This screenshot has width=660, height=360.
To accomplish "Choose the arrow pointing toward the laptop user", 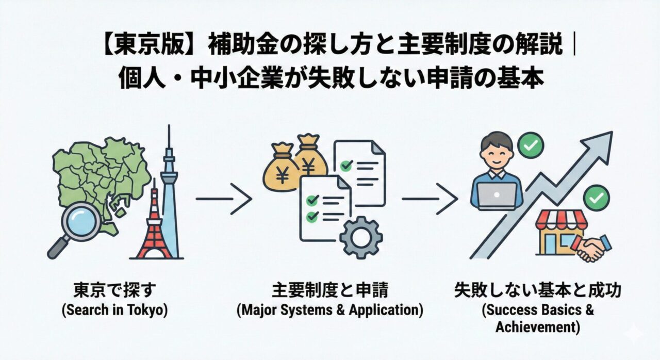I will pyautogui.click(x=429, y=198).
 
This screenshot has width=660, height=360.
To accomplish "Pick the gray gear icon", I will pyautogui.click(x=361, y=237).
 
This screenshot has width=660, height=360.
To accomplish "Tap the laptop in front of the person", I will pyautogui.click(x=497, y=195).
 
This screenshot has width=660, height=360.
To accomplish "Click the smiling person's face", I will pyautogui.click(x=497, y=153).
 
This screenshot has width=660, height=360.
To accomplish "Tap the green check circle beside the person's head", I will pyautogui.click(x=531, y=146).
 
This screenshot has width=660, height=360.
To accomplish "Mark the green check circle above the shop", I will pyautogui.click(x=597, y=197).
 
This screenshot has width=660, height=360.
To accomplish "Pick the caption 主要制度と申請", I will pyautogui.click(x=330, y=291).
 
